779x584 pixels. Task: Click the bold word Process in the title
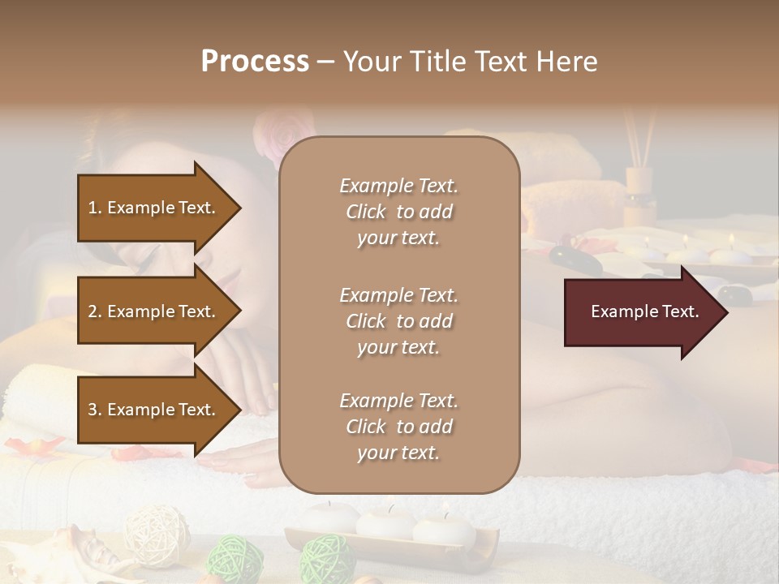tap(255, 62)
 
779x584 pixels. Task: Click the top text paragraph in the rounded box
tap(398, 212)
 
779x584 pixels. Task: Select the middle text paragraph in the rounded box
tap(398, 321)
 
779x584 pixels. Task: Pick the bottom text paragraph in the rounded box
tap(398, 427)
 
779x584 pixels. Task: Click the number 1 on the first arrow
tap(92, 208)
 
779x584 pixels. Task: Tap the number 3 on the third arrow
tap(92, 410)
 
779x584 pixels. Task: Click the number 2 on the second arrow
tap(92, 311)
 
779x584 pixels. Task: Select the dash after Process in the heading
tap(326, 62)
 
